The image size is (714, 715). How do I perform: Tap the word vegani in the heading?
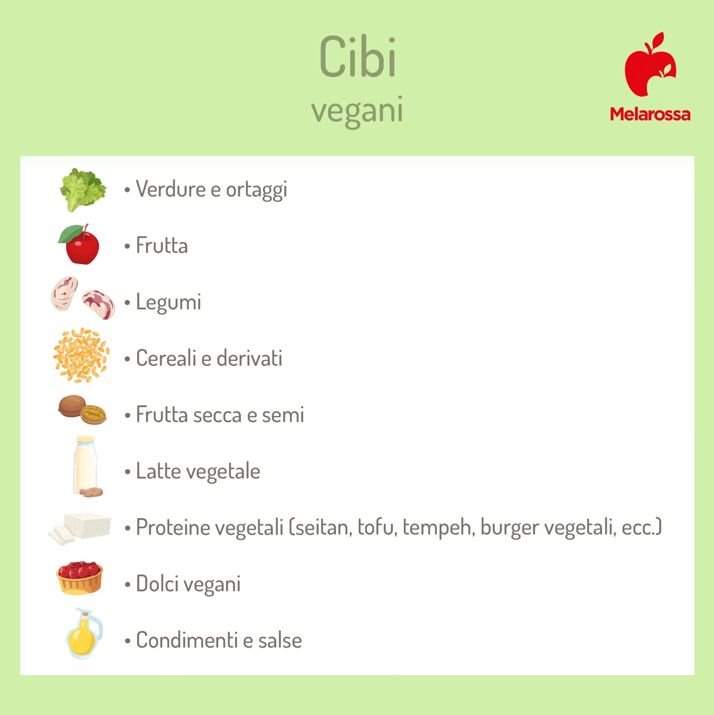click(357, 111)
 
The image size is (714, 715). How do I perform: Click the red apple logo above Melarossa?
click(650, 64)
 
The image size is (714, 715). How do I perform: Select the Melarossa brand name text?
click(650, 114)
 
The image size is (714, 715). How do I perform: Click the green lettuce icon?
click(83, 189)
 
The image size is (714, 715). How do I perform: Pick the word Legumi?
click(169, 302)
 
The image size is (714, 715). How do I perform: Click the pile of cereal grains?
click(81, 355)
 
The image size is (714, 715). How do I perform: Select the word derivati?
click(249, 358)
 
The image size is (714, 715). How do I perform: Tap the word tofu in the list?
click(378, 527)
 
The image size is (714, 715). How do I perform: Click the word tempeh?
click(436, 528)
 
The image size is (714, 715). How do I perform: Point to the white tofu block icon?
click(80, 528)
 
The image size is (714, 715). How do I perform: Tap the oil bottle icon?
click(84, 633)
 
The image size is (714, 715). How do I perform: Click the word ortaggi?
click(257, 190)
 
